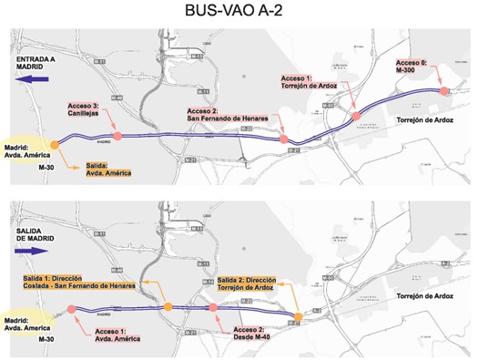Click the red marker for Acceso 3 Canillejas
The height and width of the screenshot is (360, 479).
(117, 136)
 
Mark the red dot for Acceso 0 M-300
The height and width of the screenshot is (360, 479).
(443, 91)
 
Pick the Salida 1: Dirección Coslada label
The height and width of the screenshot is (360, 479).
(80, 282)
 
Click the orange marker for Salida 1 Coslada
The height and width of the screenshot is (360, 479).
(167, 307)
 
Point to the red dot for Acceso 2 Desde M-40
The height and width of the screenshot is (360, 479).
(213, 308)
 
